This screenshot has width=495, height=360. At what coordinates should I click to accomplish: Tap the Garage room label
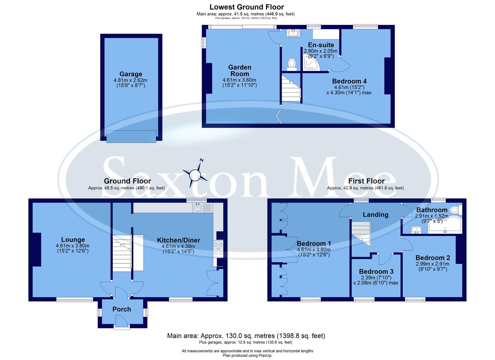click(131, 74)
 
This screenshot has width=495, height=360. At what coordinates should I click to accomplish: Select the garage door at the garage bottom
click(131, 136)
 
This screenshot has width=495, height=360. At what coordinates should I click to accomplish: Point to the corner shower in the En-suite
click(311, 64)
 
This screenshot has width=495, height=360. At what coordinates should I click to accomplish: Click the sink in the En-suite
click(294, 33)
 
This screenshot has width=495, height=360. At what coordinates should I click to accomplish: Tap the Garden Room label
click(240, 70)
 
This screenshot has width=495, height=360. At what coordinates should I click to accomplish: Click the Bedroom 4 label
click(349, 81)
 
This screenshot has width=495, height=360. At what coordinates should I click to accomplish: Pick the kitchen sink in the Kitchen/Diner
click(202, 208)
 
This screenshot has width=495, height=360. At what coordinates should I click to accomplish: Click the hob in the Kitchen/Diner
click(218, 249)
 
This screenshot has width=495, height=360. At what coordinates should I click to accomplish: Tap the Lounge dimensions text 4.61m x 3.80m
click(73, 246)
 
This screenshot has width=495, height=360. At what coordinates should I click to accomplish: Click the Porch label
click(122, 309)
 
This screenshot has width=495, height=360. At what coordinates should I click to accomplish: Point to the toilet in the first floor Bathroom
click(455, 210)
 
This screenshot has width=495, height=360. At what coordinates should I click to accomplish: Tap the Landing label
click(375, 215)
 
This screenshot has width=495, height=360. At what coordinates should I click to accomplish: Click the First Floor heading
click(366, 181)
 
